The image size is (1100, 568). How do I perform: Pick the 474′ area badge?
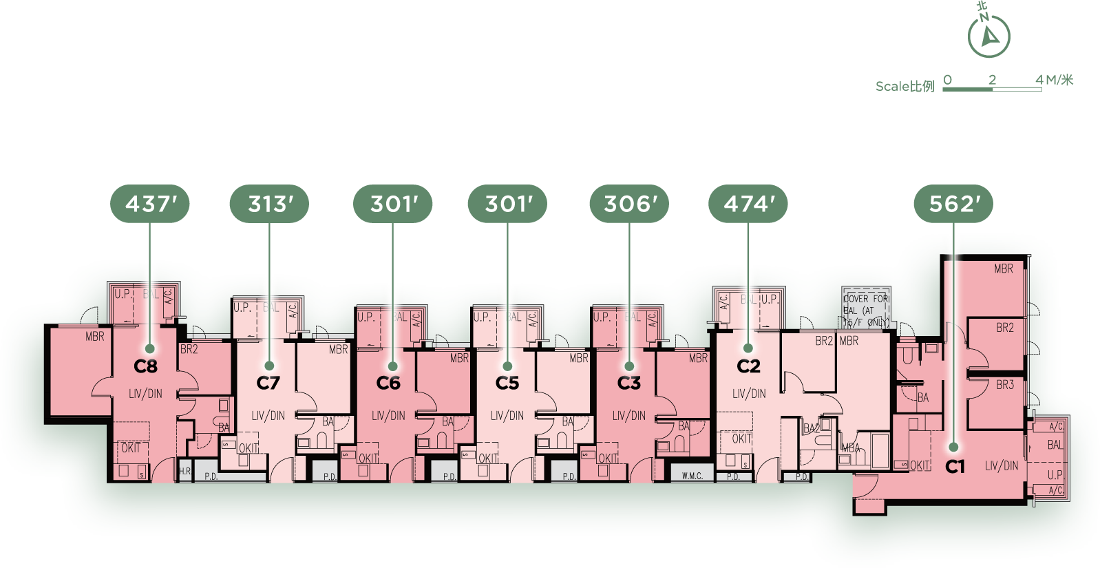[x=749, y=204]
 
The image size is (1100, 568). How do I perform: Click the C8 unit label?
[x=146, y=366]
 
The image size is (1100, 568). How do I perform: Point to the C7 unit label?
[x=268, y=383]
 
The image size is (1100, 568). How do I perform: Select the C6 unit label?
[x=388, y=383]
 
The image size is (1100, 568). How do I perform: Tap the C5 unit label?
[x=507, y=383]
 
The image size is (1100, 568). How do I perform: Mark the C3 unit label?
[x=628, y=383]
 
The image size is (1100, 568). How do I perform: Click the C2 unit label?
[x=748, y=366]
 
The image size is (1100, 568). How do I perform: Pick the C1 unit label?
[x=955, y=467]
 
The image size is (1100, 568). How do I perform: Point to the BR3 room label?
[x=1005, y=385]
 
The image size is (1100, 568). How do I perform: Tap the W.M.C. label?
[x=692, y=476]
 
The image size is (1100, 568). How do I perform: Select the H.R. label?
[x=184, y=472]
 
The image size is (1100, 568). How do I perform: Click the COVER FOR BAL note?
[x=866, y=310]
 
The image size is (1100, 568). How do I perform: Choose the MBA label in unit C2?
[x=851, y=448]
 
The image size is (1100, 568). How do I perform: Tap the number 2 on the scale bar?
[x=992, y=80]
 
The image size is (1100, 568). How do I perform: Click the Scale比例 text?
[x=905, y=86]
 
